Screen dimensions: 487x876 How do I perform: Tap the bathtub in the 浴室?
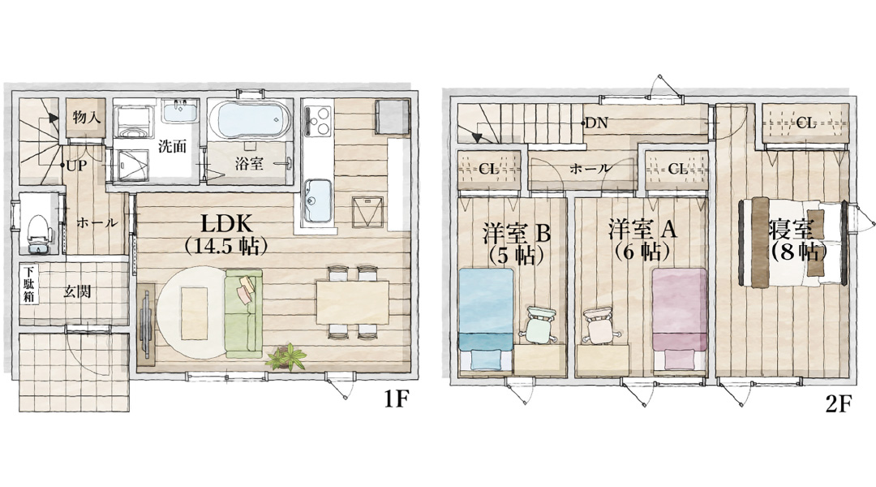249,119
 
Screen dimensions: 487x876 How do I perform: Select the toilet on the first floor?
37,230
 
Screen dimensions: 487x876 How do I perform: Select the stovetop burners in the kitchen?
316,121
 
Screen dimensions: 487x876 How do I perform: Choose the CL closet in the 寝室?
805,123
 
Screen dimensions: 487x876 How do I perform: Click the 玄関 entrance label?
79,291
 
